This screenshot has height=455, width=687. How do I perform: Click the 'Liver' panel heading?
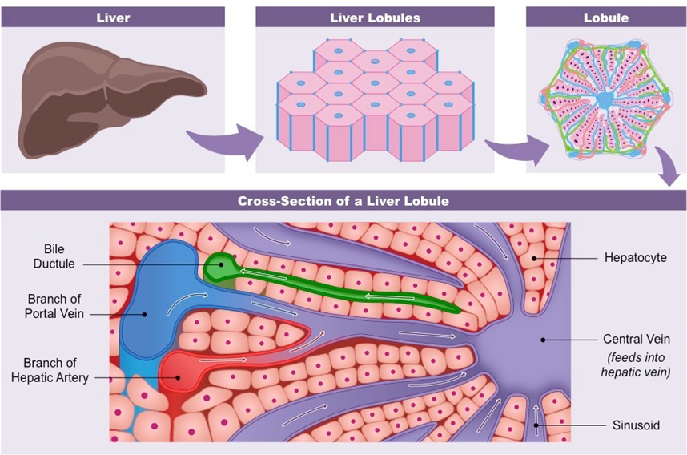(x=112, y=18)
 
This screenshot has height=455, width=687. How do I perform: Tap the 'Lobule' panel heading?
(x=606, y=18)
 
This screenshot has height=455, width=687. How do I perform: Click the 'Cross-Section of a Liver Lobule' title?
(x=343, y=201)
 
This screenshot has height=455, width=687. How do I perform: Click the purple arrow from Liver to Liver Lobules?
(x=227, y=143)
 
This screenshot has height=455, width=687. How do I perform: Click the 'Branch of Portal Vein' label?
(x=54, y=306)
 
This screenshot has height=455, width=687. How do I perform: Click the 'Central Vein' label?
(x=635, y=339)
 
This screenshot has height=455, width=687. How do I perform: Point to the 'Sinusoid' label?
(x=636, y=425)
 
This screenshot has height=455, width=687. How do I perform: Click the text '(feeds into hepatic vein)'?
(x=636, y=365)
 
